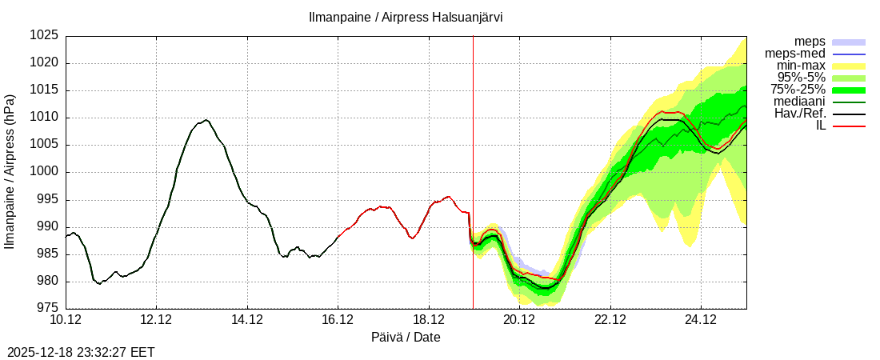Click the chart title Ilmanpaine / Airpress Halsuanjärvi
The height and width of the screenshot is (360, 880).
point(406,17)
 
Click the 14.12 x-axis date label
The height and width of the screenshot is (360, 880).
point(247,320)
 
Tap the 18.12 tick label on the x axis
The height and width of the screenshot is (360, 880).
point(429,320)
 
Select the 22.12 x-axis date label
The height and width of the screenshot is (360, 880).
point(610,320)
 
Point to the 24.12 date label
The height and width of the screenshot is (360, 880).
point(701,320)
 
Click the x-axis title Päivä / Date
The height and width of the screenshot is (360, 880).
point(406,337)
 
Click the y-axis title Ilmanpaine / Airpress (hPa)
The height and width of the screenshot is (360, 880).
point(10,172)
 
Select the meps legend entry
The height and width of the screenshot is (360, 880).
point(810,42)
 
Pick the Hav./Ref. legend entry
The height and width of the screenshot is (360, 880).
point(800,114)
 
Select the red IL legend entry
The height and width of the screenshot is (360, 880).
point(820,126)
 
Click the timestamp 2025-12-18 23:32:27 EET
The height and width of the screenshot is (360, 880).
point(81,352)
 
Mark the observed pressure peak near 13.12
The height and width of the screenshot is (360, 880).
point(206,120)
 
